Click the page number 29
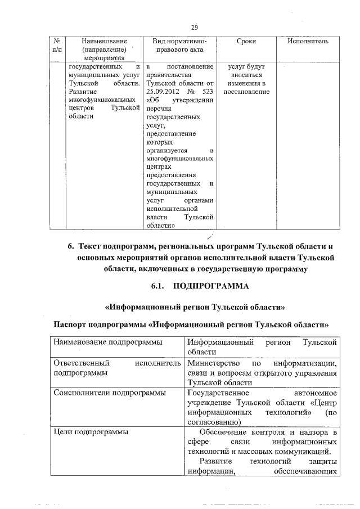tap(194, 28)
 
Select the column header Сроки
tap(246, 42)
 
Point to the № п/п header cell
tap(56, 46)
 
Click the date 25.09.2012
tap(161, 92)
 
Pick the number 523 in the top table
tap(207, 92)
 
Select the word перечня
tap(157, 109)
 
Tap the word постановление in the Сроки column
tap(246, 92)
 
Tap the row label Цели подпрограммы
tap(91, 432)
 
